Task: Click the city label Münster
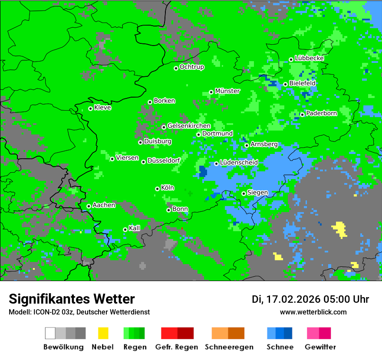[x=227, y=91]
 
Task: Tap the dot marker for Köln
[x=157, y=189]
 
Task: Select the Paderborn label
[x=321, y=114]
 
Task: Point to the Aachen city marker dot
[x=89, y=206]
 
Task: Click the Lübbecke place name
[x=309, y=58]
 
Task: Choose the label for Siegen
[x=257, y=193]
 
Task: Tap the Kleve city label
[x=102, y=108]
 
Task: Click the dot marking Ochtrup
[x=176, y=68]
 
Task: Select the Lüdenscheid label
[x=239, y=163]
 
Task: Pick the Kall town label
[x=135, y=228]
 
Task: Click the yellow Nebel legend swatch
[x=103, y=333]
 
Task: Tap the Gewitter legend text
[x=320, y=347]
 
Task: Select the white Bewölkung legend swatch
[x=50, y=333]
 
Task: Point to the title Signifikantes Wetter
[x=72, y=299]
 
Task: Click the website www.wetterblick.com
[x=313, y=312]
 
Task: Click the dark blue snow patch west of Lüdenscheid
[x=203, y=171]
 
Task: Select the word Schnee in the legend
[x=280, y=347]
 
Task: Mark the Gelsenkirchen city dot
[x=164, y=127]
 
